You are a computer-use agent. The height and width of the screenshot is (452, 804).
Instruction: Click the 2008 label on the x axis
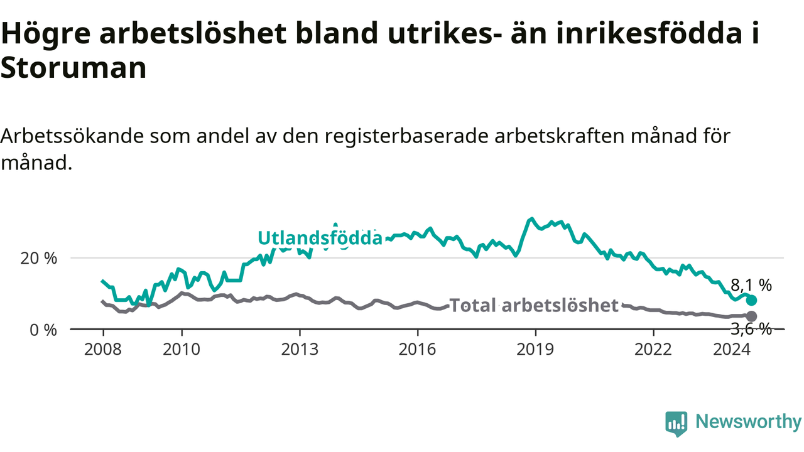[103, 350]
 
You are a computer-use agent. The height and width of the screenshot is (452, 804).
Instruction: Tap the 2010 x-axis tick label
[182, 350]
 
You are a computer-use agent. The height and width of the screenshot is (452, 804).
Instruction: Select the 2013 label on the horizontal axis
[300, 350]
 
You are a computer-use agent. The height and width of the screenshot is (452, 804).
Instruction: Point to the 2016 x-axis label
[418, 350]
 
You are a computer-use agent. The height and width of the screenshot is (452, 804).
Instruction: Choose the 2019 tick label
[536, 350]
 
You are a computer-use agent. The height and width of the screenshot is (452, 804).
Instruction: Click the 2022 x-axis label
[653, 350]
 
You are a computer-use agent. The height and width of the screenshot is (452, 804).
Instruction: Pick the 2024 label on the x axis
[732, 350]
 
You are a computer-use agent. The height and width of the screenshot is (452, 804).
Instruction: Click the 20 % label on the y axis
[39, 258]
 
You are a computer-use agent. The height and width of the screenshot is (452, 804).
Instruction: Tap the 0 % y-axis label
[43, 330]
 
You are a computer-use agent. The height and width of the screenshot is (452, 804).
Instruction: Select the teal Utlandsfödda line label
[320, 238]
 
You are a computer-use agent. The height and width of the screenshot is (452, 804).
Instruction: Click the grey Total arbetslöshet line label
[534, 305]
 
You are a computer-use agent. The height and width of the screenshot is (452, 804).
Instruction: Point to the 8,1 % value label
[751, 286]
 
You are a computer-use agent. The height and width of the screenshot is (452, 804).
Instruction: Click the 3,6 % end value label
[751, 329]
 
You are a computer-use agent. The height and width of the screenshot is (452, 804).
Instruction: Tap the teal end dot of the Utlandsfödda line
[752, 300]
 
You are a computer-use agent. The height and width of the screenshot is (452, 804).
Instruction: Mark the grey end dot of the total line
[752, 316]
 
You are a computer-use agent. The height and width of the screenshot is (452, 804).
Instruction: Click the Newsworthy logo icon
[676, 423]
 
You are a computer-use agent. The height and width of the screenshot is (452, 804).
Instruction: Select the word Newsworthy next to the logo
[749, 421]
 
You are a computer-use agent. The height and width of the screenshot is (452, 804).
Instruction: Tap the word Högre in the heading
[46, 34]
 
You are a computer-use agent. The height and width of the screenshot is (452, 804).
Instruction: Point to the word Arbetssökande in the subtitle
[72, 136]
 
